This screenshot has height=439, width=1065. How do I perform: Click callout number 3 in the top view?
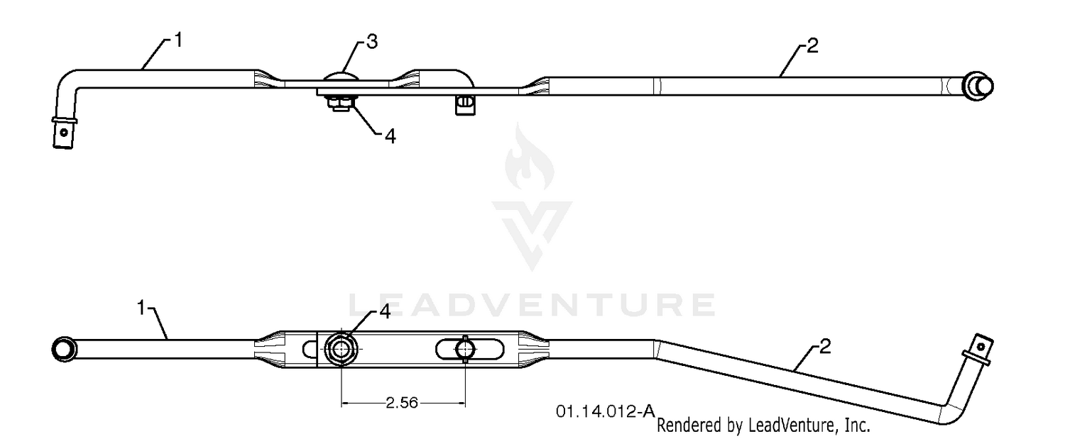click(372, 42)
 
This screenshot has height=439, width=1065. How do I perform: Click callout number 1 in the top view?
click(178, 40)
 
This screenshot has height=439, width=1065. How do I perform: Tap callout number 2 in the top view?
click(812, 45)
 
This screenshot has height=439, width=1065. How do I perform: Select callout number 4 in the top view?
click(390, 136)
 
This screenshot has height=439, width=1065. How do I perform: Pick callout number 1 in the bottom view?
click(141, 307)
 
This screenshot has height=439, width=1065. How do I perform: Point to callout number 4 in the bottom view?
click(385, 311)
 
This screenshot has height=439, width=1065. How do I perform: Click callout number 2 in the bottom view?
click(825, 346)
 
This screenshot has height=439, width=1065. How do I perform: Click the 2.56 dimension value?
click(402, 403)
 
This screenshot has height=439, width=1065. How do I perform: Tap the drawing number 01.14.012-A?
click(606, 411)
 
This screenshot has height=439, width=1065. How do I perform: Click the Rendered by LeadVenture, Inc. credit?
click(763, 425)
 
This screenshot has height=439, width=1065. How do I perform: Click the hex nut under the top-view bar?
click(339, 101)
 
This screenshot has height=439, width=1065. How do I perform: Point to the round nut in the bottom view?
click(341, 349)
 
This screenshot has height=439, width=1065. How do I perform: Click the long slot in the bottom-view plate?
click(470, 350)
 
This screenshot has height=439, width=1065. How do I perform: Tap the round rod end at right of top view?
click(978, 87)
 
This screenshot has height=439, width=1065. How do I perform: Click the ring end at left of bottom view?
click(64, 349)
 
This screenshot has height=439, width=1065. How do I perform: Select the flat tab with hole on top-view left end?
click(64, 133)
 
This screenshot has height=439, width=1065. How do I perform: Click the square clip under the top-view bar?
click(465, 105)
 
